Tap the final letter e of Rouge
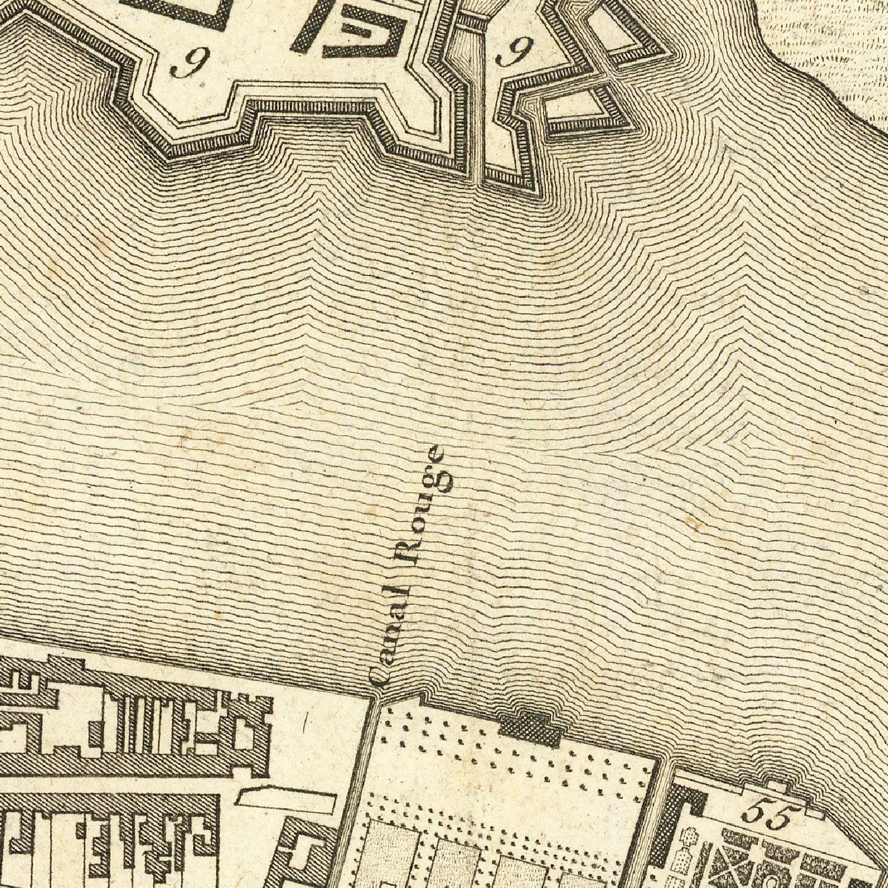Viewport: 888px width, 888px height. click(x=436, y=455)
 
